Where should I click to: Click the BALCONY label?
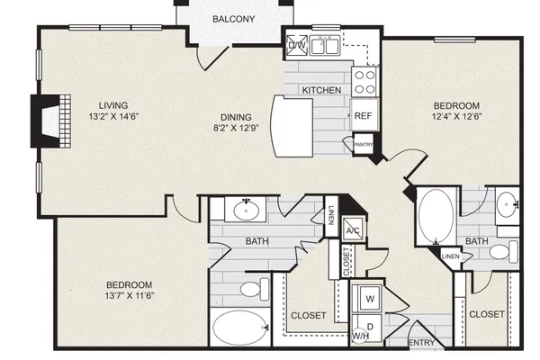click(233, 19)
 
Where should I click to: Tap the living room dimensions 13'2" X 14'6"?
click(113, 116)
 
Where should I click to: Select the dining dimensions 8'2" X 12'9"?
click(236, 128)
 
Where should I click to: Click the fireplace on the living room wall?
click(50, 121)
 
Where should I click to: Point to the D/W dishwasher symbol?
click(297, 45)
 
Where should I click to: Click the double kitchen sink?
click(325, 46)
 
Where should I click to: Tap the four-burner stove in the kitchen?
click(364, 82)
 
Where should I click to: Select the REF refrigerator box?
click(364, 115)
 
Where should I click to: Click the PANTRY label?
click(364, 145)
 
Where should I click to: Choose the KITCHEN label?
click(321, 90)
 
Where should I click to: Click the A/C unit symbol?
click(353, 230)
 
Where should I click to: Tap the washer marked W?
click(370, 298)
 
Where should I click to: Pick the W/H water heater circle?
click(360, 335)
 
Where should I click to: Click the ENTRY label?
click(421, 343)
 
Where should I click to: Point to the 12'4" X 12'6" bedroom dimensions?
click(456, 116)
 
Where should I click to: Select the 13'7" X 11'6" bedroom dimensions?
click(130, 295)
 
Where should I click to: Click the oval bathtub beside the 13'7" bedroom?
click(240, 328)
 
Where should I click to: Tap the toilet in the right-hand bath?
click(503, 251)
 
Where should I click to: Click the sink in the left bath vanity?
click(247, 210)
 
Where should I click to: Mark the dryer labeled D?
click(370, 326)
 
